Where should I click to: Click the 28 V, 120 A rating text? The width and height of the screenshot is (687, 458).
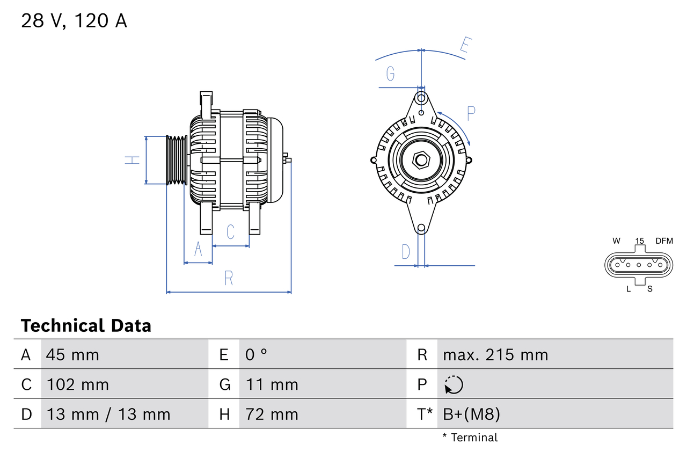pos(74,21)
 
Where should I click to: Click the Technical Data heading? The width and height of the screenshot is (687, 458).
pos(86,325)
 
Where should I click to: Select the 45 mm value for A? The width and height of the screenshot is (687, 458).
pos(72,354)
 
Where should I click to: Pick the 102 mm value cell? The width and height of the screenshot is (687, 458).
pos(78,384)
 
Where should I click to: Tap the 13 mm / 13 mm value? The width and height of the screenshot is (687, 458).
pos(108,414)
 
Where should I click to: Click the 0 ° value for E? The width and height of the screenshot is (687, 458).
pos(256,354)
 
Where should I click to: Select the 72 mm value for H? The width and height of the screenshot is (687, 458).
pos(272,414)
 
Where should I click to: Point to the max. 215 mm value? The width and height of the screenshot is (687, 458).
pos(495,354)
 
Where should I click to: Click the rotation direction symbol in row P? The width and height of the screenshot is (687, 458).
pos(454,384)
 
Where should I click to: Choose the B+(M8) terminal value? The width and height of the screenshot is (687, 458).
pos(471,414)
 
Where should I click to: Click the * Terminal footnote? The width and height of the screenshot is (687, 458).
pos(470,437)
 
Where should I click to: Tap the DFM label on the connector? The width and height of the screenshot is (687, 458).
pos(663,241)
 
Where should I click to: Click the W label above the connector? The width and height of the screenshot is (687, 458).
pos(616,241)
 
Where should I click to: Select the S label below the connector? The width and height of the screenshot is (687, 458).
pos(650,289)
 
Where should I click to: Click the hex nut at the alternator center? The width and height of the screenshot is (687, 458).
pos(421,160)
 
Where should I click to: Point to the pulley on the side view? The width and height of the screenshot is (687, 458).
pos(176,160)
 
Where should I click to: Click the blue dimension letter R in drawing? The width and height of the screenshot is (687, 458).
pos(229,278)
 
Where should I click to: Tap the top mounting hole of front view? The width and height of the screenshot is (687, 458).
pos(421,98)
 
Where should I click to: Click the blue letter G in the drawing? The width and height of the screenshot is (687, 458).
pos(390,74)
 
